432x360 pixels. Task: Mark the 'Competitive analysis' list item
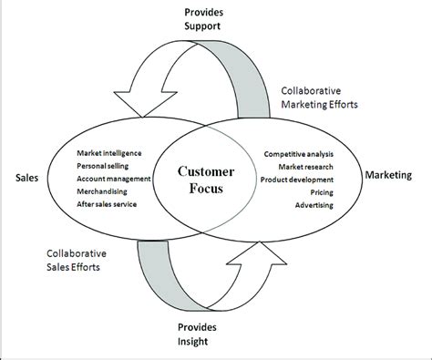[x=298, y=154]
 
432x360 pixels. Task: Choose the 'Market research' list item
[x=305, y=167]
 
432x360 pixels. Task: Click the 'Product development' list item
[x=298, y=180]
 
